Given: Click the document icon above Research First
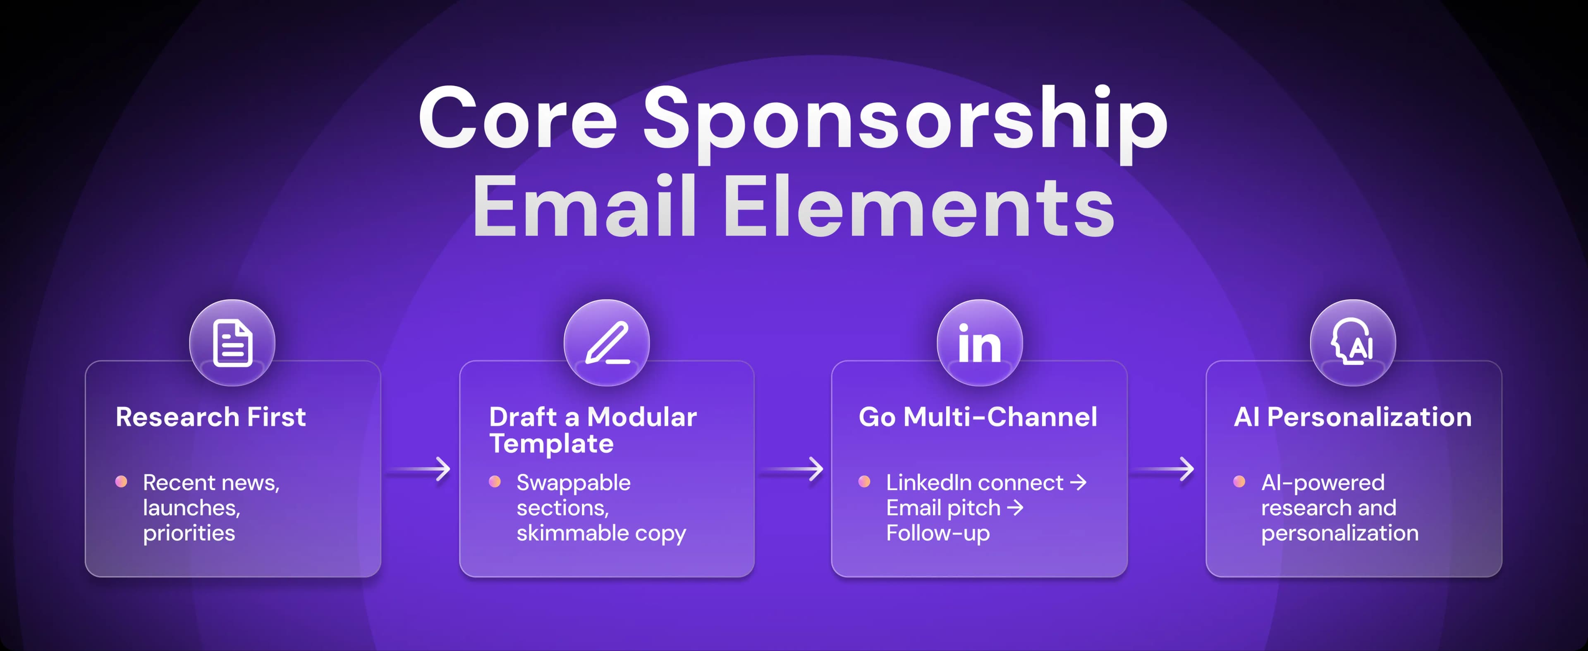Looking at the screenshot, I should pos(232,343).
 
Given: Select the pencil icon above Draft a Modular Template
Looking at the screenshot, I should pos(607,343).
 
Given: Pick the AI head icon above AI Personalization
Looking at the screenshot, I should pos(1353,343).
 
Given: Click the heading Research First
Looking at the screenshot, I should pos(211,417).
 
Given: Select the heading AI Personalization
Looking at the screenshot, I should pos(1353,417).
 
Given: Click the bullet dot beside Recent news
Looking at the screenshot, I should pos(122,481).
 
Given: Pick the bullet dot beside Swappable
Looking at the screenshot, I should pos(495,481).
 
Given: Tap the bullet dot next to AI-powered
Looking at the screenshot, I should pos(1239,481).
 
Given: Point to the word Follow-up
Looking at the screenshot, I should pos(937,533).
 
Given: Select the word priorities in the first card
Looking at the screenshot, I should pos(189,533).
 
